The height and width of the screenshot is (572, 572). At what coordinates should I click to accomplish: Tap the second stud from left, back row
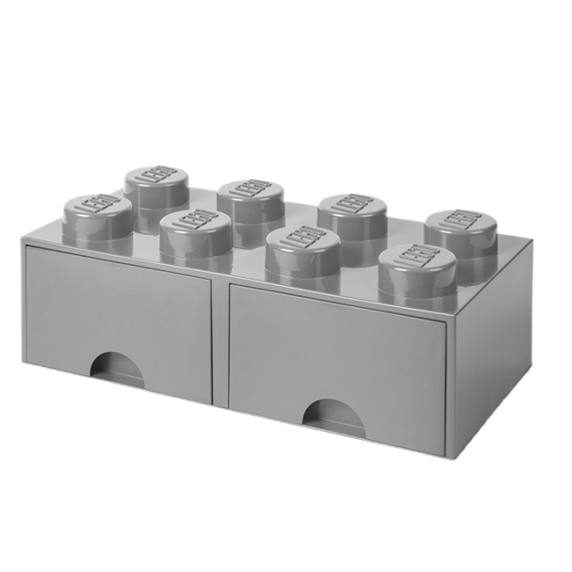[x=248, y=194]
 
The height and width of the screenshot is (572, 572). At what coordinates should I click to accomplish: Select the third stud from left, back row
[x=348, y=208]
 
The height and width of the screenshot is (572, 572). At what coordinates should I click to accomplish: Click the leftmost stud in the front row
[x=97, y=211]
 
